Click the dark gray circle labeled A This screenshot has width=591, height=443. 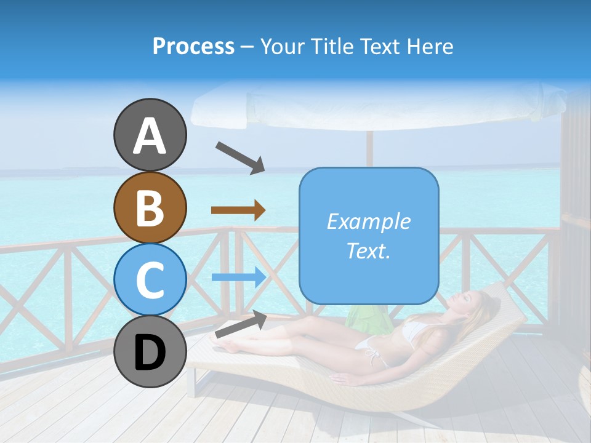tap(150, 135)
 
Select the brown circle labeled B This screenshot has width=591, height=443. tap(150, 207)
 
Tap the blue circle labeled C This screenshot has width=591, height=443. tap(150, 279)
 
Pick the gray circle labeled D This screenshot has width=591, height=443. tap(150, 352)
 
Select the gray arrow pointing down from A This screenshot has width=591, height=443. tap(240, 157)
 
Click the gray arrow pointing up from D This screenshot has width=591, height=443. tap(241, 325)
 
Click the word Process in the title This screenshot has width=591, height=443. tap(193, 46)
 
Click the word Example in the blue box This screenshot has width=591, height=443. tap(368, 221)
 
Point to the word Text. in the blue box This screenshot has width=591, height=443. tap(368, 250)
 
